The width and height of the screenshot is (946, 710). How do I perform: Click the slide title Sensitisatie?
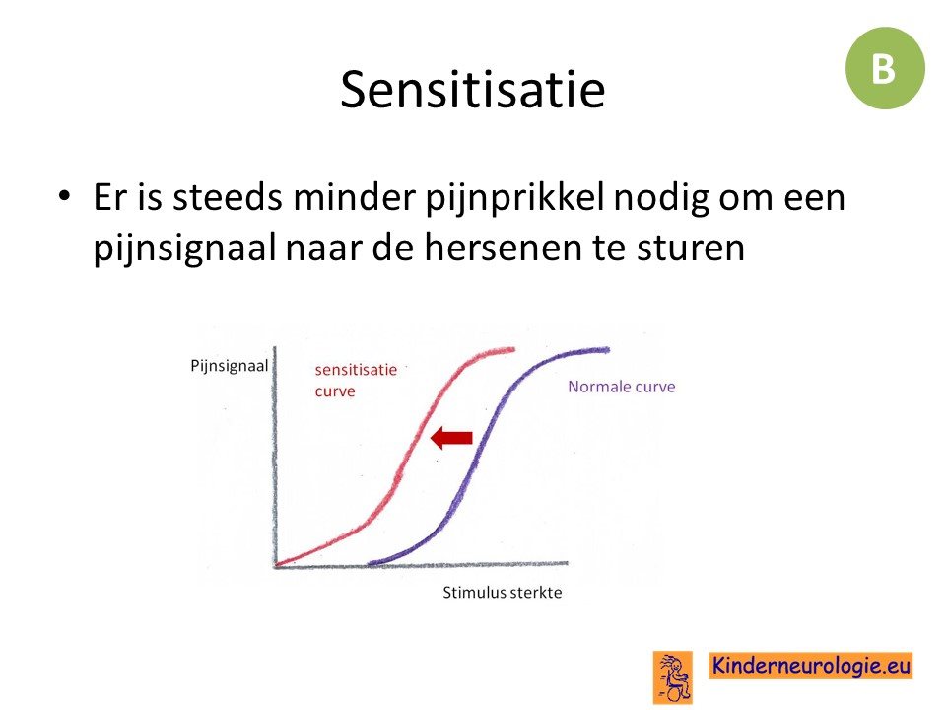(x=472, y=90)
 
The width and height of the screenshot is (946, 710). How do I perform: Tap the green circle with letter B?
(x=885, y=68)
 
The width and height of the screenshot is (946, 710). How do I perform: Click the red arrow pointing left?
(x=451, y=438)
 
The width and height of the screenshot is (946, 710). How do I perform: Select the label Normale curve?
(x=622, y=387)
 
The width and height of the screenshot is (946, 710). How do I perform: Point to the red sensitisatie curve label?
(x=356, y=381)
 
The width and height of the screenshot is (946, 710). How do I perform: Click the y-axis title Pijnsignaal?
(x=230, y=367)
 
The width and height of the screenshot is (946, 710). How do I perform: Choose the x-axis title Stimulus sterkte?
(x=502, y=593)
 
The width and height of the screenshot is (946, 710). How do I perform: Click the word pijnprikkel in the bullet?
(x=514, y=198)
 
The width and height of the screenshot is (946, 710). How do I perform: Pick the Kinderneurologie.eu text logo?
(x=810, y=666)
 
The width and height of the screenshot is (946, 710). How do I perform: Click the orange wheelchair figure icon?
(x=673, y=676)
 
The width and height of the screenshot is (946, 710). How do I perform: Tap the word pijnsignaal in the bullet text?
(x=184, y=248)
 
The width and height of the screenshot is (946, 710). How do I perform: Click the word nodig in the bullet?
(x=661, y=198)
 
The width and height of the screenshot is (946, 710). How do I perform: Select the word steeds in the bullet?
(x=228, y=196)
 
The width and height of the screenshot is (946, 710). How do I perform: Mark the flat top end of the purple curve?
(x=608, y=349)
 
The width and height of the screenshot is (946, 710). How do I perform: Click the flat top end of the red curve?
(x=512, y=349)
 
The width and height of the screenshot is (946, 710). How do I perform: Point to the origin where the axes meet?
(x=276, y=566)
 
